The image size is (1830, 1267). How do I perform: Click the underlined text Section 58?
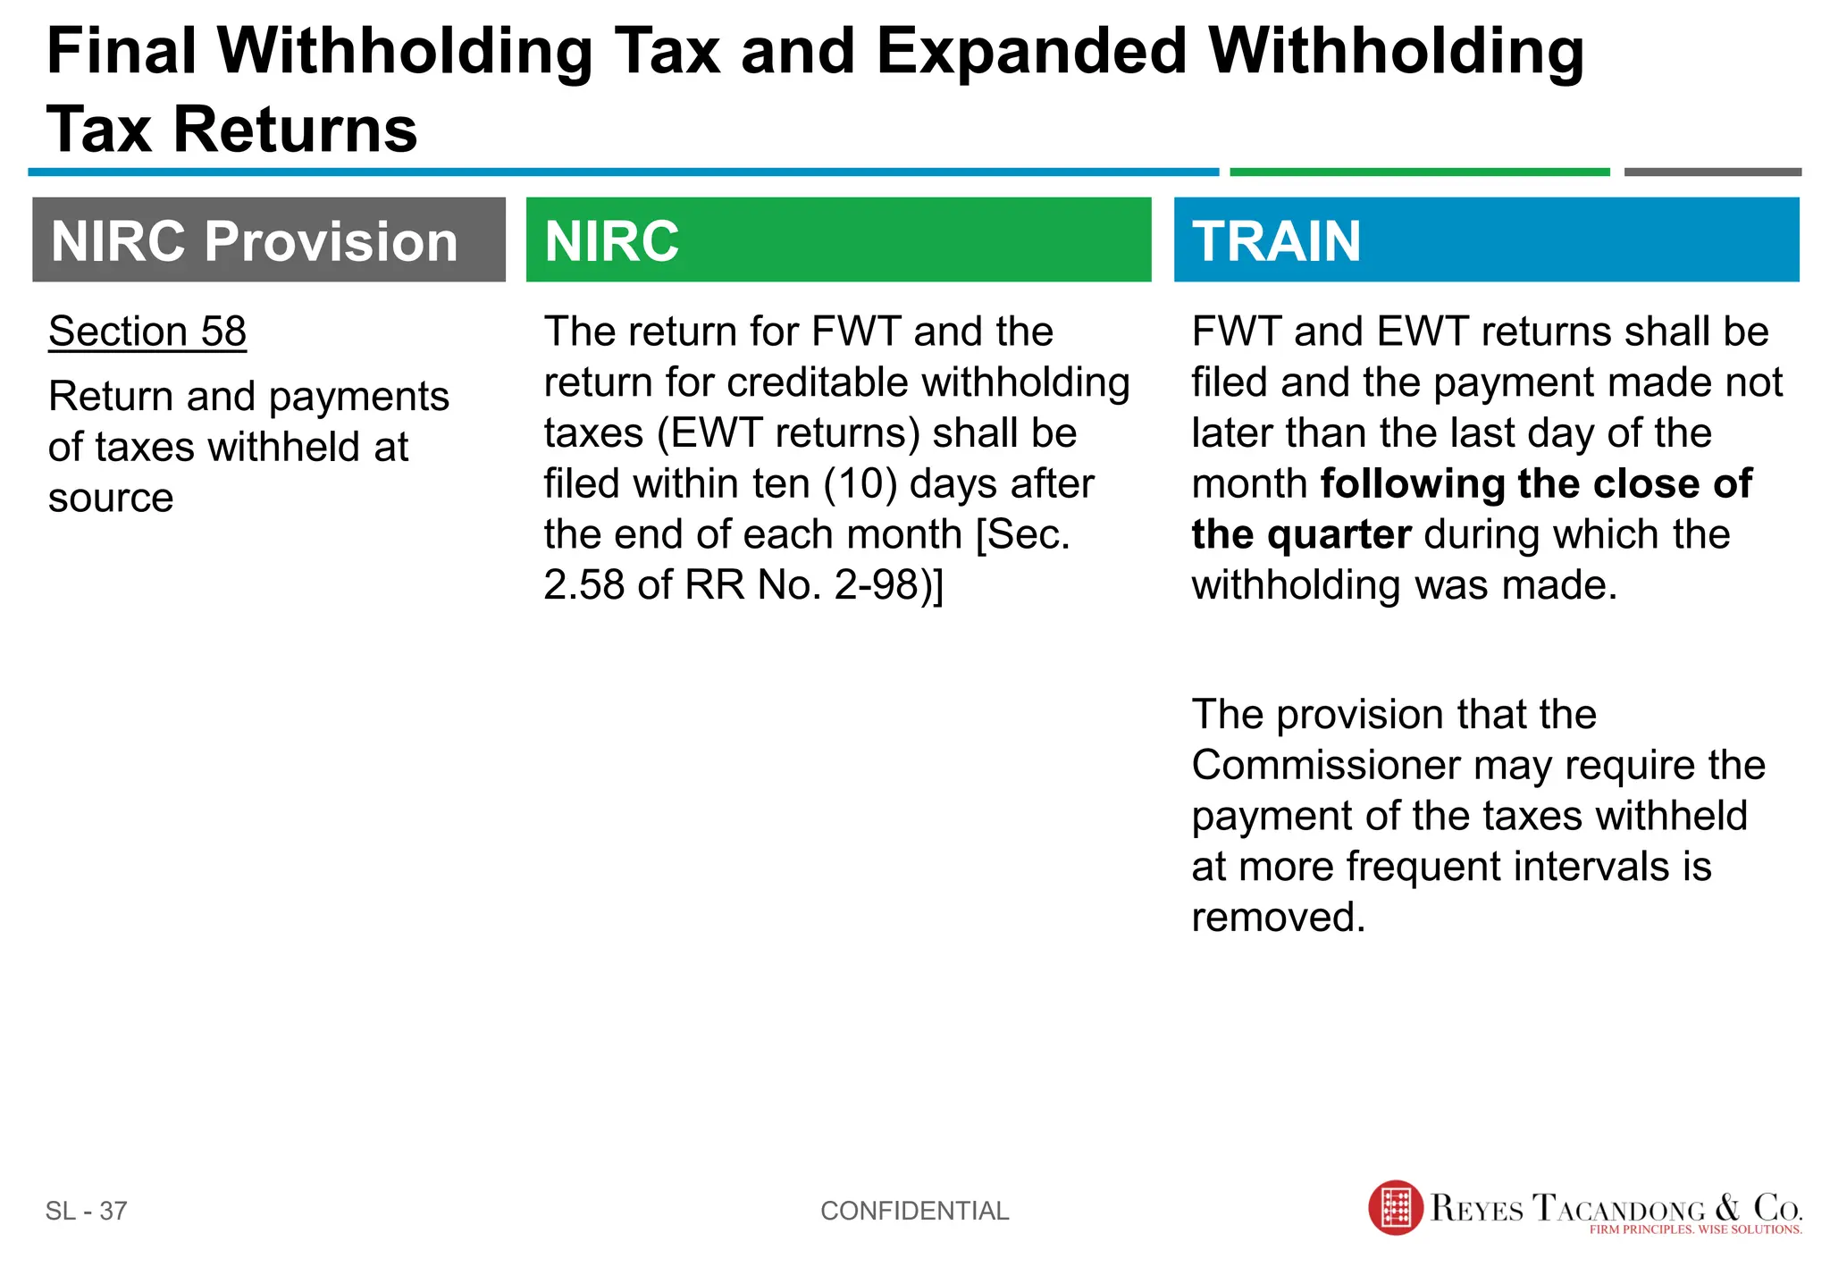coord(147,331)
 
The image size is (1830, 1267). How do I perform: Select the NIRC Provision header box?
coord(268,240)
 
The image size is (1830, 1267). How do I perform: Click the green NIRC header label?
coord(612,241)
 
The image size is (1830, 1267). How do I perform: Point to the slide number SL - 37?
coord(87,1211)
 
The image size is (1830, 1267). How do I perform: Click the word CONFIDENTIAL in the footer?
coord(914,1211)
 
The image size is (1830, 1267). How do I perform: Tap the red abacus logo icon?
coord(1395,1208)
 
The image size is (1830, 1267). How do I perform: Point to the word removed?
coord(1278,918)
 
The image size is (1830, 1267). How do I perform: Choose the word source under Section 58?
coord(111,498)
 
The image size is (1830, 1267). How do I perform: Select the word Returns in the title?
coord(295,130)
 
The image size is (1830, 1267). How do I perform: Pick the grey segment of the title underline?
coord(1712,172)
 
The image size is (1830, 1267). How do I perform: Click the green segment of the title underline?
coord(1419,172)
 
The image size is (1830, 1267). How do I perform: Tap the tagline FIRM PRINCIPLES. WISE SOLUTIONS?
coord(1695,1229)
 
